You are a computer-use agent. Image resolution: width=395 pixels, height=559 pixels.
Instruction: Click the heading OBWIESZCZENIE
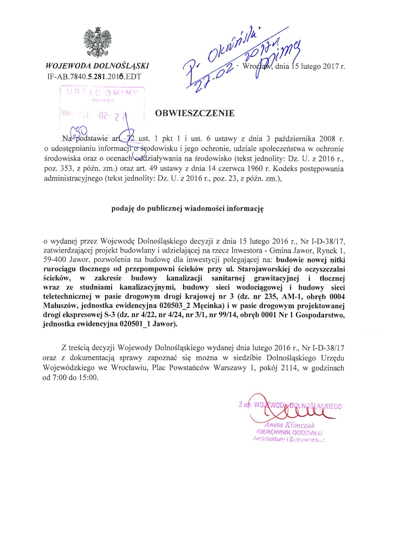click(194, 114)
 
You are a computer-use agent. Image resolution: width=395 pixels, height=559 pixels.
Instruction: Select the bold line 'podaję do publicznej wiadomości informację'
click(194, 209)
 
